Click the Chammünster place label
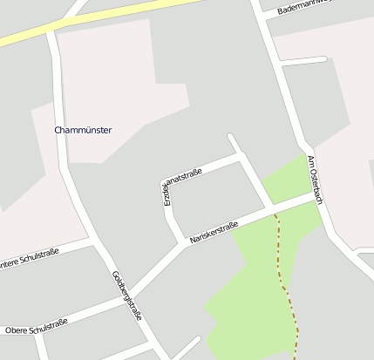pos(83,130)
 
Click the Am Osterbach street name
pos(315,180)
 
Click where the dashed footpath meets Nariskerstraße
pos(275,213)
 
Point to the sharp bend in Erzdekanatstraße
pos(166,186)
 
